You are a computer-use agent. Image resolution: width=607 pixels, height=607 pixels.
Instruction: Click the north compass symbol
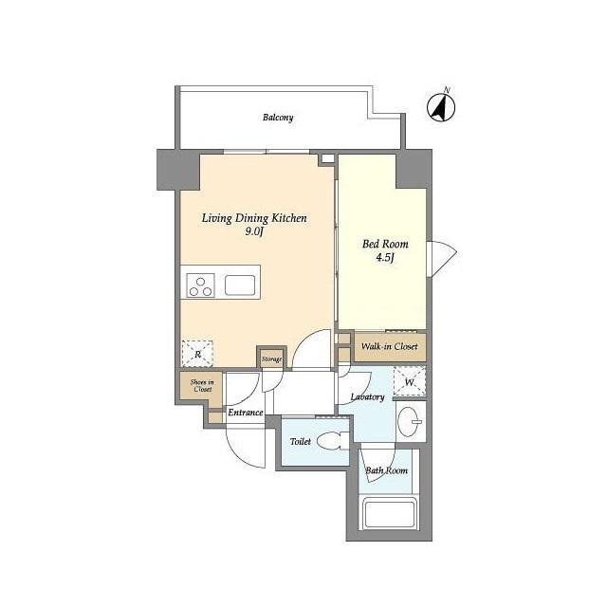pos(441,106)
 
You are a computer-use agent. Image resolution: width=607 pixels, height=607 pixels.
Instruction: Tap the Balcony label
pos(278,118)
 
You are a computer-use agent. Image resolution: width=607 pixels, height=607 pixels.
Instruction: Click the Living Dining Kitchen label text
pos(254,219)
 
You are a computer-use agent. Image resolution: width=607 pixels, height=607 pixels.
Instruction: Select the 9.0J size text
pos(254,231)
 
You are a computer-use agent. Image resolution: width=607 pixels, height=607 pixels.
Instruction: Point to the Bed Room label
pos(385,244)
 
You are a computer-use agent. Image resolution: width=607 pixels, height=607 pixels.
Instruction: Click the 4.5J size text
pos(385,258)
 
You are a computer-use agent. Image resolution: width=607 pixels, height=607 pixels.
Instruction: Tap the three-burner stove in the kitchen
pos(200,286)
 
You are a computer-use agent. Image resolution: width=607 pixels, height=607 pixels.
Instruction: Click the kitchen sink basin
pos(240,285)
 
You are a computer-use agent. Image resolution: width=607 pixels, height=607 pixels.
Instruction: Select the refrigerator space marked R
pos(197,354)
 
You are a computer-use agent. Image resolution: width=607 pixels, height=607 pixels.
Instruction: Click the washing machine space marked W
pos(410,381)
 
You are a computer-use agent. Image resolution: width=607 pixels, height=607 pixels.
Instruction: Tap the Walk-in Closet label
pos(390,346)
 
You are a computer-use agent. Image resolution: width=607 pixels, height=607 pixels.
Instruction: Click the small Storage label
pos(271,359)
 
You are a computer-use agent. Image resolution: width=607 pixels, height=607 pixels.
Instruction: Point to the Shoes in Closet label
pos(202,386)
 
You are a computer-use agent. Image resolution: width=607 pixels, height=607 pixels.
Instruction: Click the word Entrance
pos(246,413)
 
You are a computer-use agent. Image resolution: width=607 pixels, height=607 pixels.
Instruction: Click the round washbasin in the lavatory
pos(411,421)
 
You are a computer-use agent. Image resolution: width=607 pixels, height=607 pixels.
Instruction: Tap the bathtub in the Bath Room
pos(390,514)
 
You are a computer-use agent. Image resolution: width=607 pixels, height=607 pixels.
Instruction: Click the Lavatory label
pos(367,397)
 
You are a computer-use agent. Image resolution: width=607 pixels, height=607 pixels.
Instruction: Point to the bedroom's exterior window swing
pos(442,258)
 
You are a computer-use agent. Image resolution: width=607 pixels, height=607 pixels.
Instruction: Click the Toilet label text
pos(301,441)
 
